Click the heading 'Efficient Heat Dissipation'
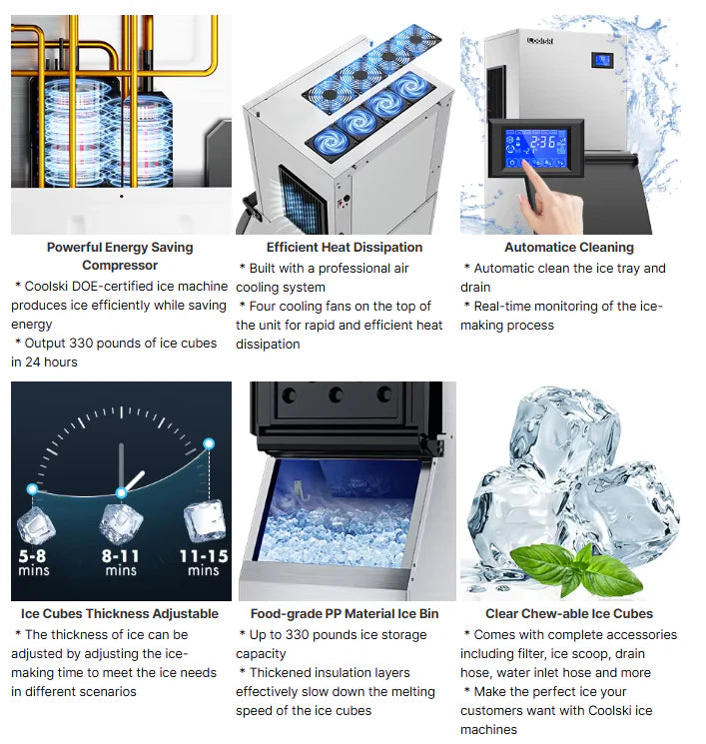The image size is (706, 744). pos(345,247)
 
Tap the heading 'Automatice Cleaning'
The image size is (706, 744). pos(568,247)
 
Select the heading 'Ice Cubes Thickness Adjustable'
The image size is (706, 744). pos(120,613)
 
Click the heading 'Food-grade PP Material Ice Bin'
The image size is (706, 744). pos(345,613)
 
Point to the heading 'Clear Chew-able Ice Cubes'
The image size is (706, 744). pos(568,613)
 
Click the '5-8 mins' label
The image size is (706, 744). pos(33,562)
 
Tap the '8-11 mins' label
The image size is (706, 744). pos(121,562)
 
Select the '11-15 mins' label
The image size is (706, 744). pos(203,562)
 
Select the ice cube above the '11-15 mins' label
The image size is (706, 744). pos(205,519)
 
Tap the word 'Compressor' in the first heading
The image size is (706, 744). pos(120,266)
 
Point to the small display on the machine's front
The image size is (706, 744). pos(604,60)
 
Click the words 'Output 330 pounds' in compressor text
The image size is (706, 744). pos(75,344)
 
